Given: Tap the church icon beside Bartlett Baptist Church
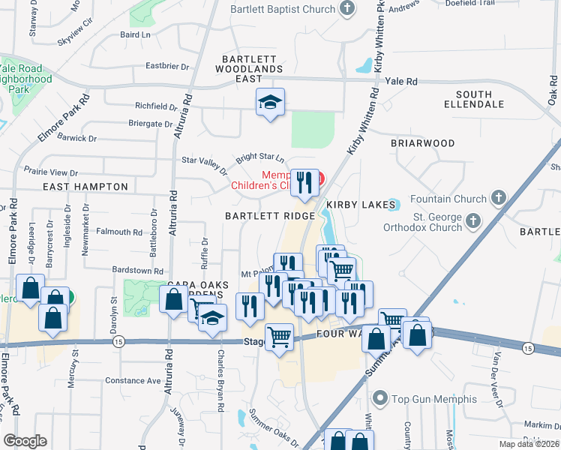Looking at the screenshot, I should [346, 8].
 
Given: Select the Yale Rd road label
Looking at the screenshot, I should [400, 81].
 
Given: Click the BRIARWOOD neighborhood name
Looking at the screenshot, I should [423, 142].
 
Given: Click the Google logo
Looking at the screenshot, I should [25, 441].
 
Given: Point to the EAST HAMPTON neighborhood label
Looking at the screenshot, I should [85, 186].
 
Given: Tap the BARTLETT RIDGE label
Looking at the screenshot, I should [270, 216].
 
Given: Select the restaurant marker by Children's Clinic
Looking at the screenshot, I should [304, 183].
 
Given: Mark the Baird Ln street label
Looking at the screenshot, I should [135, 34].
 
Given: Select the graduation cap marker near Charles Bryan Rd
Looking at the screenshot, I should [212, 318].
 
